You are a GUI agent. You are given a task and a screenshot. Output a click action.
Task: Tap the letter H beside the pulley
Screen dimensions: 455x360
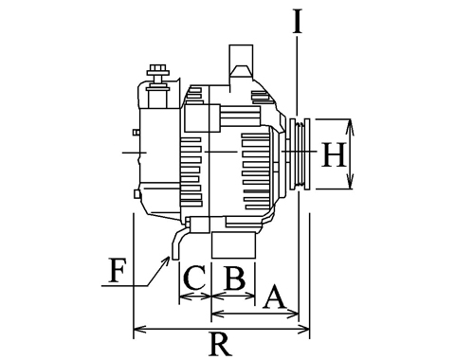[334, 154]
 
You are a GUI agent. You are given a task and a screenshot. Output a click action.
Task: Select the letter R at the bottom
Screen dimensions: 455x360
[221, 344]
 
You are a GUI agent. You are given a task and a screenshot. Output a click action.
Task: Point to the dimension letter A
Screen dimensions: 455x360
[274, 297]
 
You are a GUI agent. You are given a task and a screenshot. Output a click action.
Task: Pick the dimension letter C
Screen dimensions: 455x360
[194, 278]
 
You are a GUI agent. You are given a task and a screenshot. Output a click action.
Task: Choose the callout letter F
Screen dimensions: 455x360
[117, 270]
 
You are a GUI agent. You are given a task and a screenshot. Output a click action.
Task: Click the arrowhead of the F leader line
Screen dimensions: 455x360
[167, 261]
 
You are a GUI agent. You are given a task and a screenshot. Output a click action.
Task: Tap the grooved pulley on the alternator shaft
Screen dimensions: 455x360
[300, 153]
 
